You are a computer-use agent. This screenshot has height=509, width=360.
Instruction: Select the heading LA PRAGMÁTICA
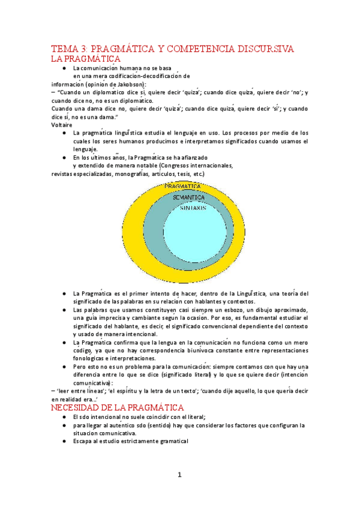(x=86, y=59)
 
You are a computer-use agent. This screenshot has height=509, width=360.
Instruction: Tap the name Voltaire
(x=62, y=125)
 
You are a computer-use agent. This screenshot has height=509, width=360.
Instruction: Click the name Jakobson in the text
(x=130, y=85)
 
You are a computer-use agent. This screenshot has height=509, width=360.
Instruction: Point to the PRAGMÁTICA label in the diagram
(x=182, y=187)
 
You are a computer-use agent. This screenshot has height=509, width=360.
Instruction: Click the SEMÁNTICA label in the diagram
(x=188, y=197)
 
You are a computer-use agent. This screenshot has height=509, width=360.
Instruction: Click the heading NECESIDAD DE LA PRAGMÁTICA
(x=117, y=408)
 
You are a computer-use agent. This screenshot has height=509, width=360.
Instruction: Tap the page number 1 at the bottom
(x=179, y=475)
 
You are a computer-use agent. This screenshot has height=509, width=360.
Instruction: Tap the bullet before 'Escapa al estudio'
(x=64, y=441)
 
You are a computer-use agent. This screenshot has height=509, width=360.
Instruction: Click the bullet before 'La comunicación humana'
(x=64, y=68)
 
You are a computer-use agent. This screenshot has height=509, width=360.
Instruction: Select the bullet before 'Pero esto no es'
(x=64, y=366)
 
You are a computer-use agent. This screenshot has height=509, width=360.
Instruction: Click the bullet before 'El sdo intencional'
(x=64, y=417)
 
